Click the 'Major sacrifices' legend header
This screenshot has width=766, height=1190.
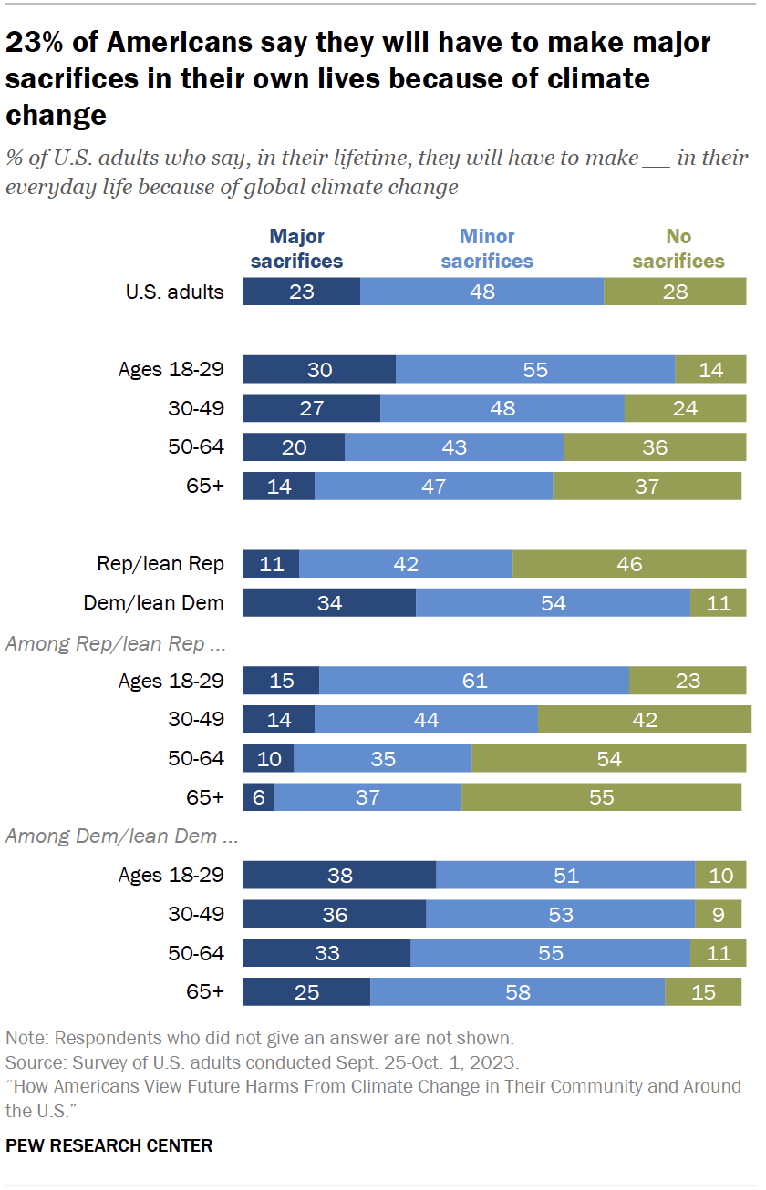click(x=296, y=249)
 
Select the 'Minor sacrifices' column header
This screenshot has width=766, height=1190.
click(x=487, y=249)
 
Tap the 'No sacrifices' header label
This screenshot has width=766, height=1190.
click(x=678, y=249)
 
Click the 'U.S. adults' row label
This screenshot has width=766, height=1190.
click(x=174, y=292)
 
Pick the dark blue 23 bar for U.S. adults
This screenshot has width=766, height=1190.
click(x=302, y=292)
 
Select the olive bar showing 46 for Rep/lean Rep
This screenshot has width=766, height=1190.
click(x=629, y=564)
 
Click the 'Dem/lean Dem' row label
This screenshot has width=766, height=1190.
click(x=153, y=602)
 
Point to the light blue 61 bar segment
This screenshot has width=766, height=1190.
click(x=474, y=681)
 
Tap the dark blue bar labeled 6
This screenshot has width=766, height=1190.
click(x=258, y=797)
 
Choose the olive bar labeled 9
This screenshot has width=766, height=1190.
click(x=720, y=914)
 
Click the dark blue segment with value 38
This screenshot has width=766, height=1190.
click(x=339, y=876)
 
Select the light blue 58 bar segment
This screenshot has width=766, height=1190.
click(x=517, y=992)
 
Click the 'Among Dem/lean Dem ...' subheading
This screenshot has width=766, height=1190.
click(x=111, y=836)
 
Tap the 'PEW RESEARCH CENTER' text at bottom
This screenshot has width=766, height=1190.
click(x=109, y=1145)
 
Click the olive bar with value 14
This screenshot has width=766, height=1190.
click(x=710, y=369)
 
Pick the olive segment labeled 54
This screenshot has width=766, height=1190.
click(x=608, y=759)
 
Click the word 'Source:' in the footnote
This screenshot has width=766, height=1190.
click(x=32, y=1062)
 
